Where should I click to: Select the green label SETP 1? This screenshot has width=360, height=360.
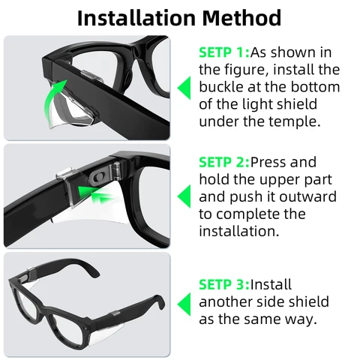pos(223,53)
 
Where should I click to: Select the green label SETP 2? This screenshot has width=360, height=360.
pos(223,162)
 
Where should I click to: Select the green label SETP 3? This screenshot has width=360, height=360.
pos(223,284)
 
